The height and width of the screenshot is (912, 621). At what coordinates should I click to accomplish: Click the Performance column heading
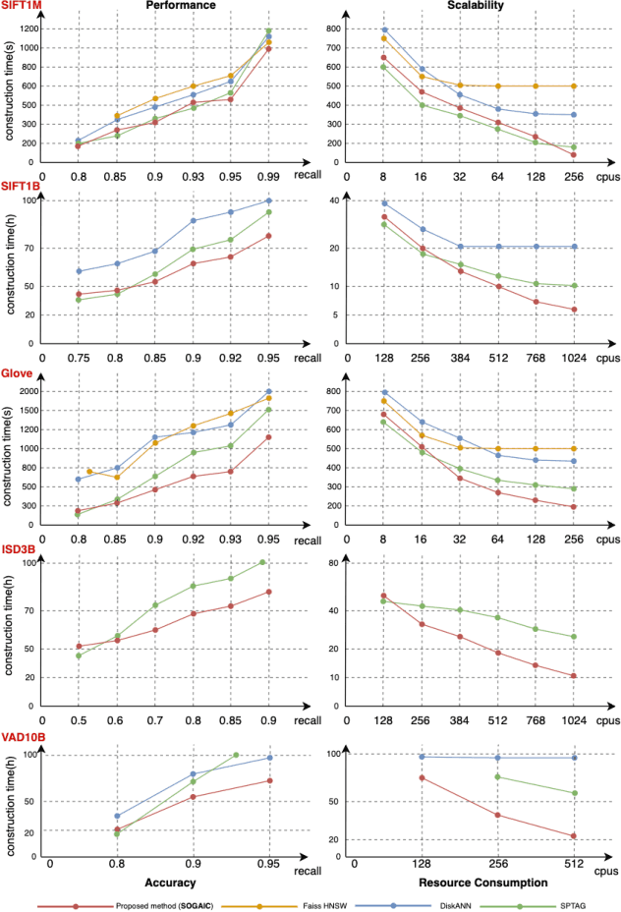[175, 6]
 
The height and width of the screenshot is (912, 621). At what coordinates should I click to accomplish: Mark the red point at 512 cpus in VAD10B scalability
[573, 836]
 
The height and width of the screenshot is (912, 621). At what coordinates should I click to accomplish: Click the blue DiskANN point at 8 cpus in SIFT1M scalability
[385, 29]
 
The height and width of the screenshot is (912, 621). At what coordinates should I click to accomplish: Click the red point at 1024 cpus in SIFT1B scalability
[573, 310]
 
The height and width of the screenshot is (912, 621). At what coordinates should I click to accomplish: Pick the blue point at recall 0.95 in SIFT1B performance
[268, 200]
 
